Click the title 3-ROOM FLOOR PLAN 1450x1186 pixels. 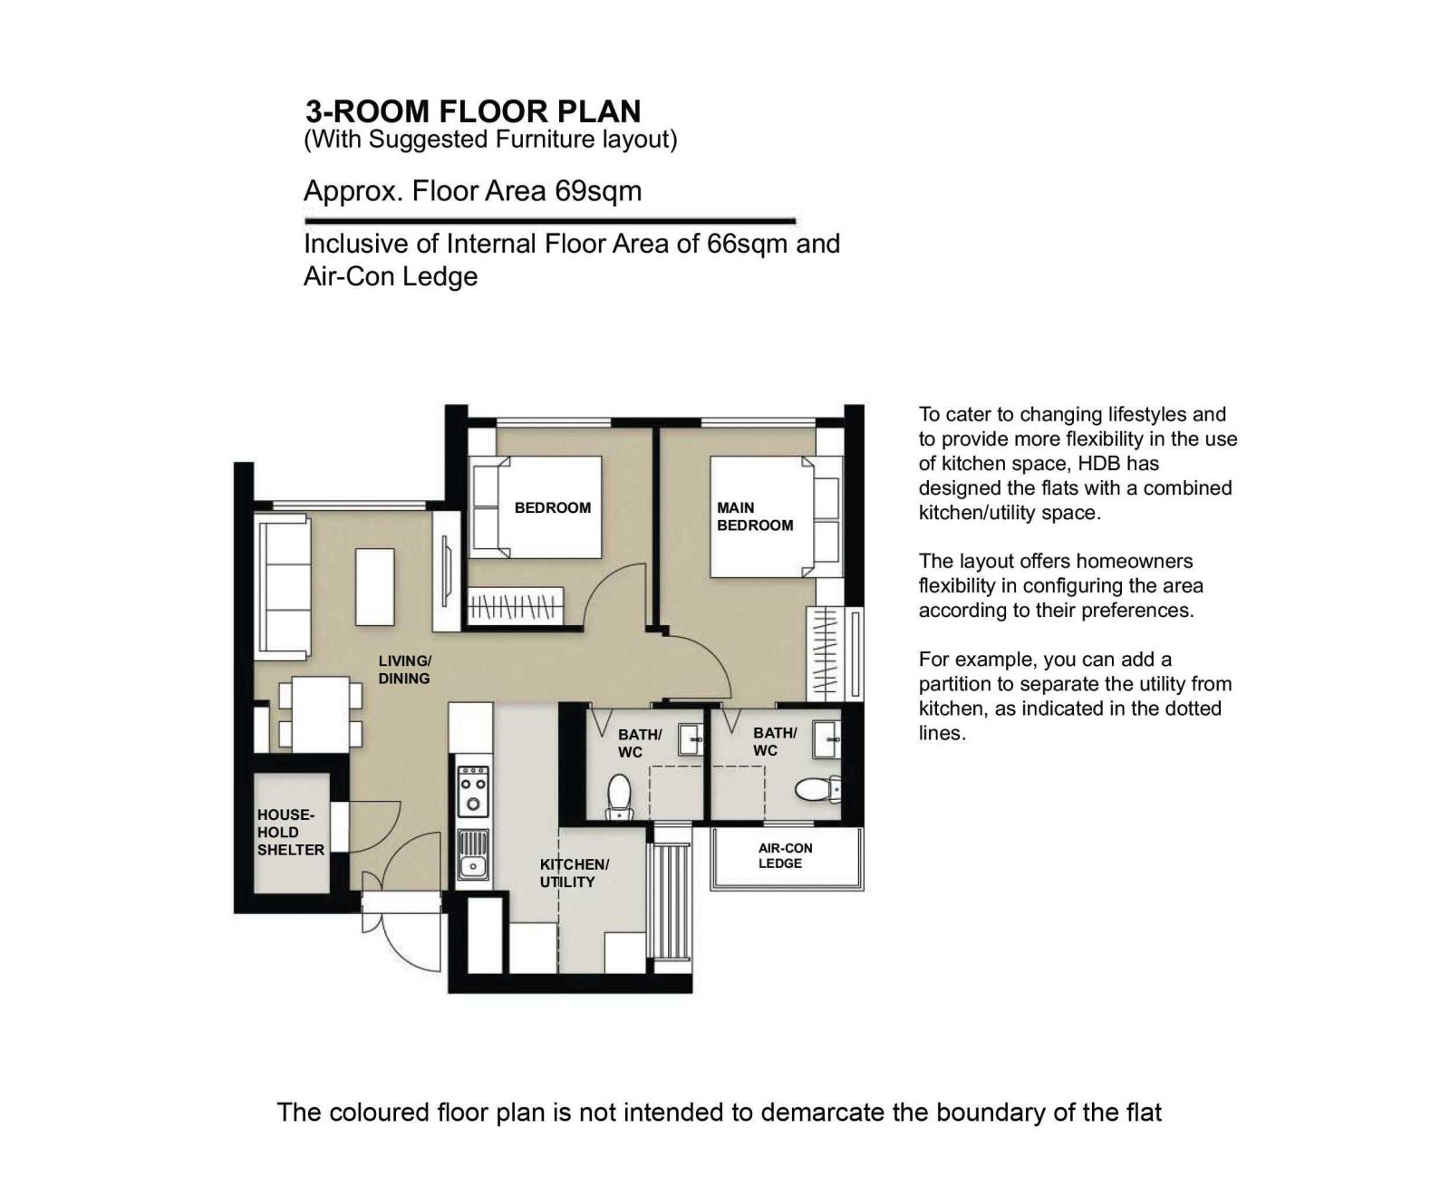[473, 111]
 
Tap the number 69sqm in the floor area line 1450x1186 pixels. [598, 191]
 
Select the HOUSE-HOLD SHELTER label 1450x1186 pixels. [290, 832]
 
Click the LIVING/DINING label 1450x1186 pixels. [405, 670]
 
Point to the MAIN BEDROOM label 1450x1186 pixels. [755, 516]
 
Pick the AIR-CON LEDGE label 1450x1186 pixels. [785, 855]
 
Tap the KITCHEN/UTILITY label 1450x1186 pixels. [574, 873]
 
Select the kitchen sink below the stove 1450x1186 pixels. [473, 854]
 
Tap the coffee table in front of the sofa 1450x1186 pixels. [375, 586]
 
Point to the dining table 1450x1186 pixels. [321, 714]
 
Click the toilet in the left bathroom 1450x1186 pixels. [619, 796]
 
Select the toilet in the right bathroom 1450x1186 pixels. [817, 789]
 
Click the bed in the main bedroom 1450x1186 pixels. [776, 517]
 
